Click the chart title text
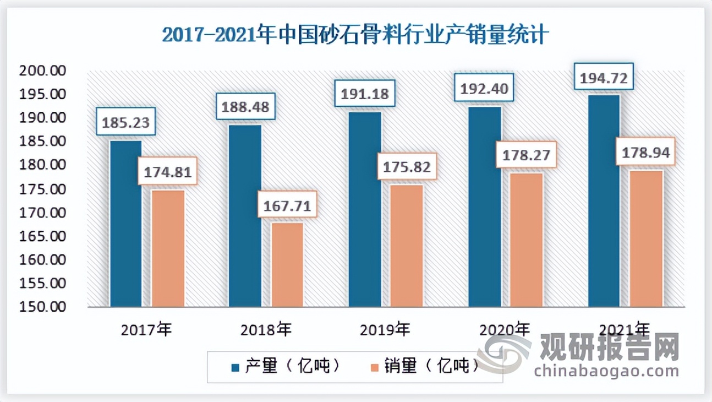(x=355, y=36)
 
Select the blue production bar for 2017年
(x=125, y=223)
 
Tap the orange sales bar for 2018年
(x=287, y=264)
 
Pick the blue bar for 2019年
(x=365, y=209)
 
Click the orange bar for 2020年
(x=527, y=240)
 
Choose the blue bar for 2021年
(x=604, y=201)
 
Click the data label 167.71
(x=287, y=207)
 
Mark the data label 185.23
(x=126, y=122)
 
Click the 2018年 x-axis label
(x=266, y=330)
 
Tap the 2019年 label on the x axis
(x=385, y=330)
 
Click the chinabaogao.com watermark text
(x=606, y=371)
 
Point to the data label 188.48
(x=245, y=107)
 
